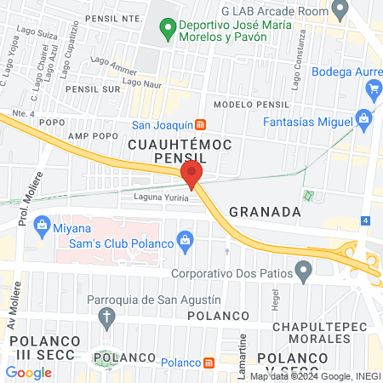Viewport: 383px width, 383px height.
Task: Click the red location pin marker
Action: point(191,174)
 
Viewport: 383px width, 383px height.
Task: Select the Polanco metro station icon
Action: point(209,363)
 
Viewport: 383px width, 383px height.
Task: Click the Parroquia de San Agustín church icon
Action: point(107,318)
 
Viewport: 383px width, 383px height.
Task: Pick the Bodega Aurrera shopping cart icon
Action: point(374,89)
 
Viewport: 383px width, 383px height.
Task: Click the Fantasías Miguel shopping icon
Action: point(363,117)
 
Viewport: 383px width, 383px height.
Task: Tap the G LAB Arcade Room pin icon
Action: point(340,10)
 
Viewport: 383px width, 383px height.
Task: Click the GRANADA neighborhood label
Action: point(264,211)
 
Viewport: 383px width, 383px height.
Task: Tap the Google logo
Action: point(28,372)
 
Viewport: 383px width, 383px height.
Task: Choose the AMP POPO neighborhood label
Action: point(92,136)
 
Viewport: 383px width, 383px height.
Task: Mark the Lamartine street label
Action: point(243,355)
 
